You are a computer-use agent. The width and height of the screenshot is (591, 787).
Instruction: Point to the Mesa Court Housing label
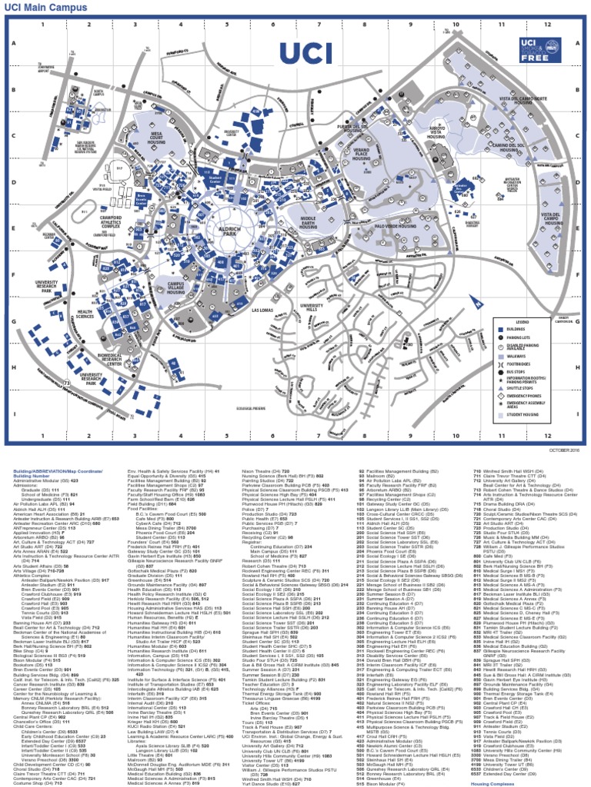click(157, 140)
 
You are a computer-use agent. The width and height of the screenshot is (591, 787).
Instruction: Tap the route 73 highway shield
click(68, 381)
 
